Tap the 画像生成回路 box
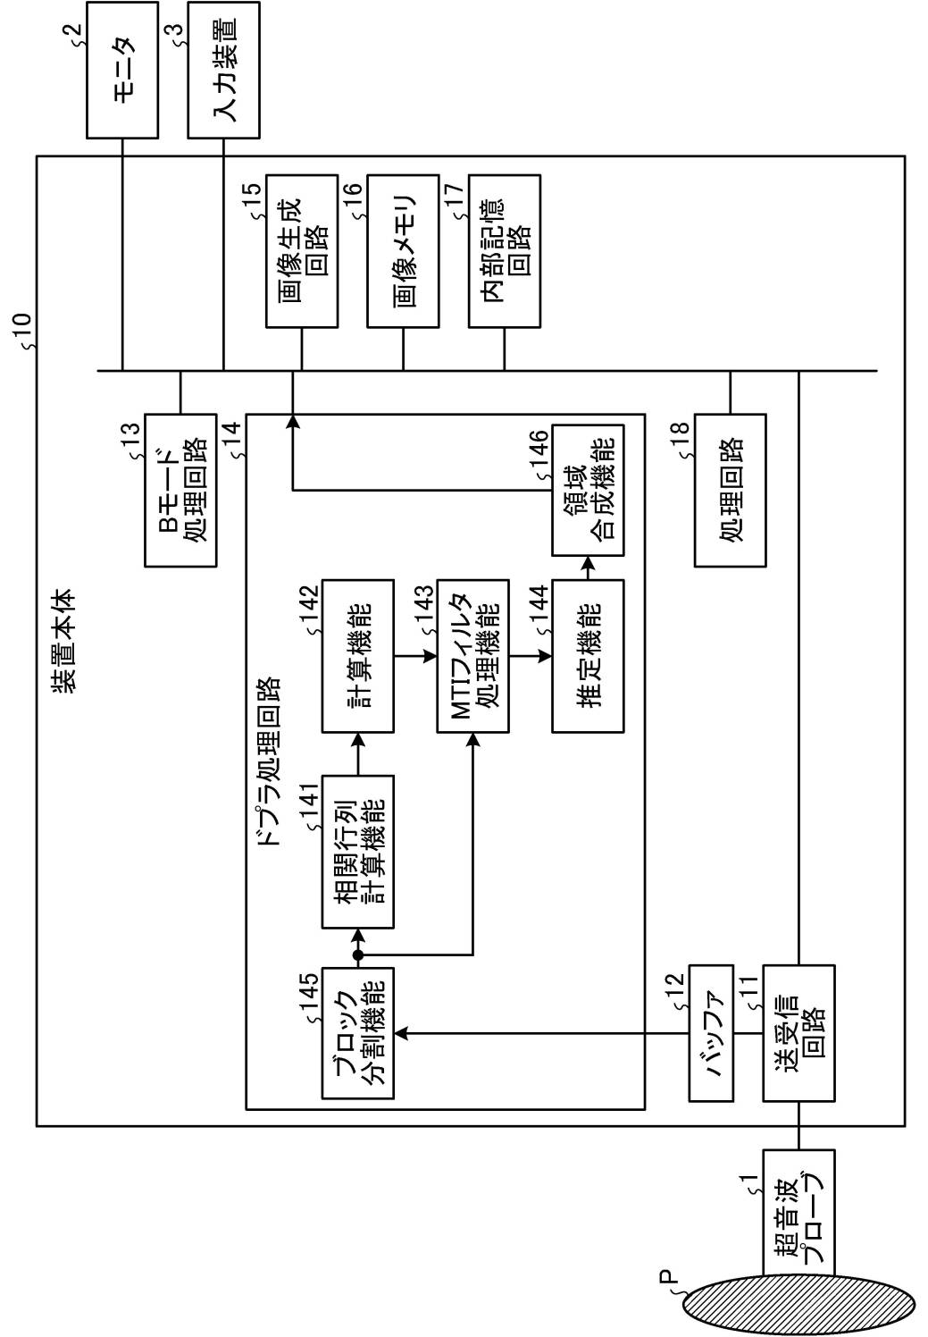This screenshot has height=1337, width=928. pyautogui.click(x=302, y=250)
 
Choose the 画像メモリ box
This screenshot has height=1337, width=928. pyautogui.click(x=404, y=250)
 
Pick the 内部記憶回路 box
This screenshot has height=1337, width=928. pyautogui.click(x=505, y=250)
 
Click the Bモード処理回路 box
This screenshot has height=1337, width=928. pyautogui.click(x=180, y=490)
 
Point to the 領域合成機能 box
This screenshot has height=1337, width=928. pyautogui.click(x=588, y=491)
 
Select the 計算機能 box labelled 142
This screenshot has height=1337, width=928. pyautogui.click(x=356, y=656)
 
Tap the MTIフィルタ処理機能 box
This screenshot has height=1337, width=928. pyautogui.click(x=472, y=656)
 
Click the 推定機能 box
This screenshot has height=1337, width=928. pyautogui.click(x=588, y=656)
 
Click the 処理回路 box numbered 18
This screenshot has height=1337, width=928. pyautogui.click(x=730, y=490)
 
